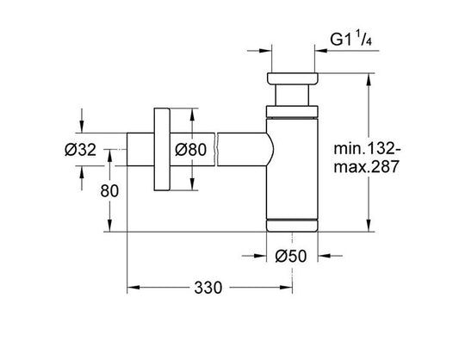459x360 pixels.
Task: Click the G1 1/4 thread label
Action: pyautogui.click(x=351, y=40)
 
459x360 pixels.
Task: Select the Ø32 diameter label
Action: pyautogui.click(x=80, y=150)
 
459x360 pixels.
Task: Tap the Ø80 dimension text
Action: pyautogui.click(x=190, y=150)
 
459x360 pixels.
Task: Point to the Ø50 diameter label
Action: pyautogui.click(x=291, y=256)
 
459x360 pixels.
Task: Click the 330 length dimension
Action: pyautogui.click(x=208, y=288)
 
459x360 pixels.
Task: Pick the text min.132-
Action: pyautogui.click(x=367, y=149)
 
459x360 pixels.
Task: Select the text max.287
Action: pyautogui.click(x=367, y=167)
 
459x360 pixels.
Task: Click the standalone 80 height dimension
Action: pyautogui.click(x=109, y=191)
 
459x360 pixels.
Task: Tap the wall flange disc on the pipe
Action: pyautogui.click(x=162, y=149)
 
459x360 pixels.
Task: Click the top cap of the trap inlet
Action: pyautogui.click(x=292, y=78)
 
